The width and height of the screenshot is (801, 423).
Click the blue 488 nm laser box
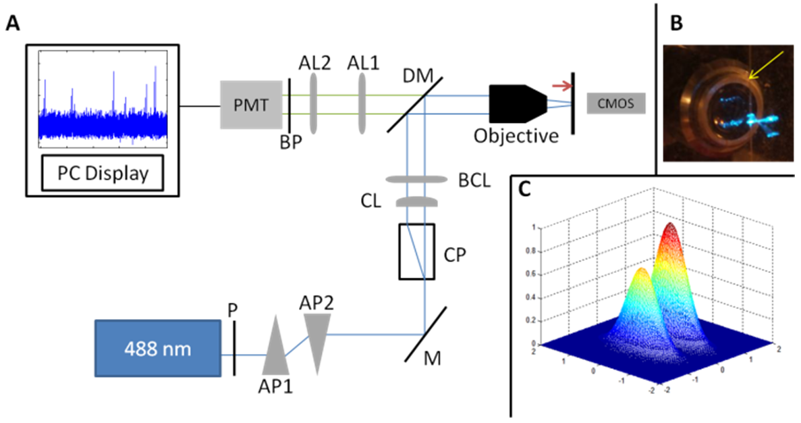(158, 349)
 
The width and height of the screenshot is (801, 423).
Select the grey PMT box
(251, 105)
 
